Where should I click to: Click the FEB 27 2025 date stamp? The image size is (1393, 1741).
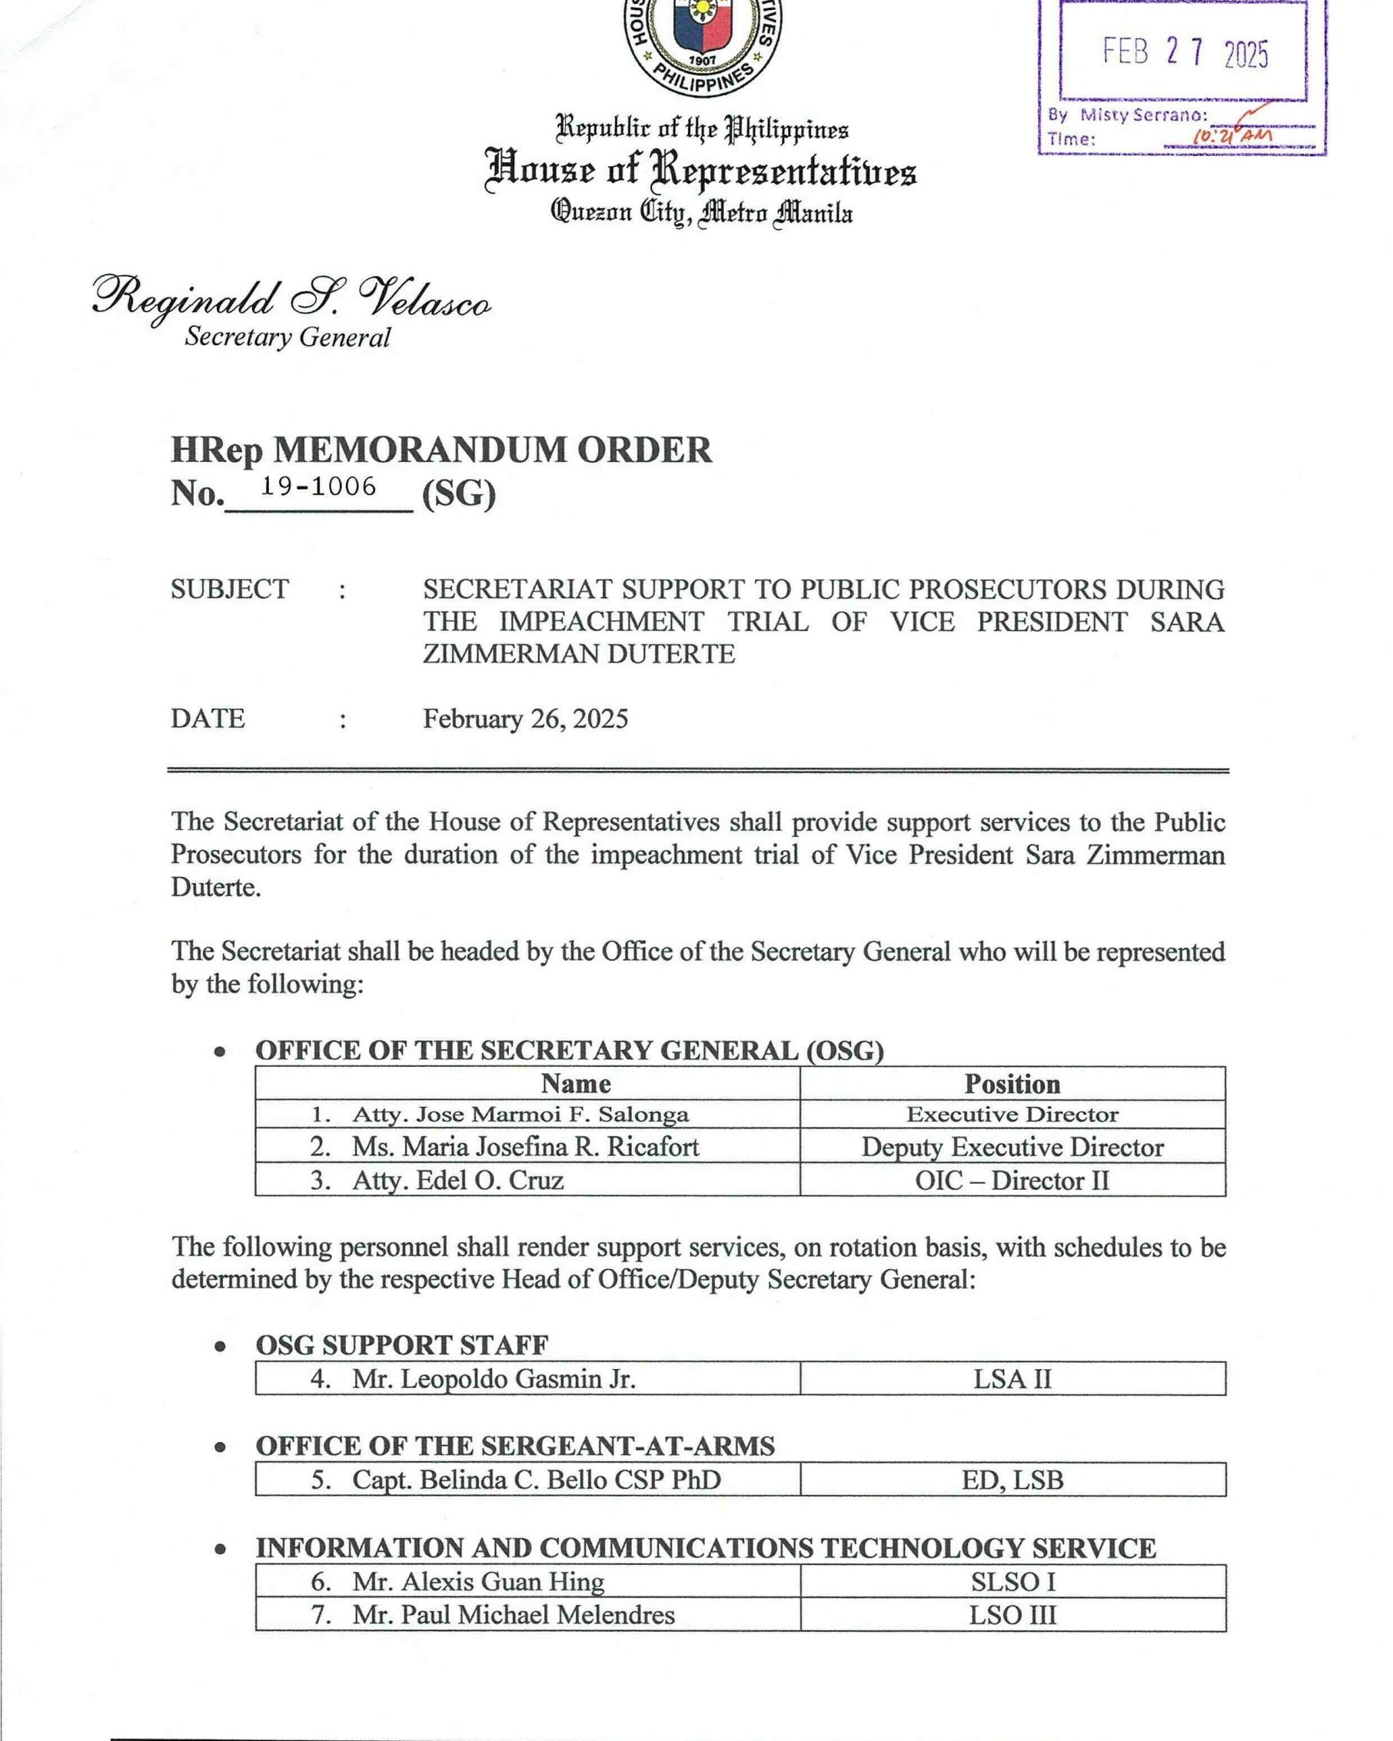click(x=1185, y=53)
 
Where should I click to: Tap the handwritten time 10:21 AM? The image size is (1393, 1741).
click(x=1232, y=137)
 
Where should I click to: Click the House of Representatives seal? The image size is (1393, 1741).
click(x=702, y=45)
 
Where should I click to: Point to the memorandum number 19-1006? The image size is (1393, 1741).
click(x=318, y=486)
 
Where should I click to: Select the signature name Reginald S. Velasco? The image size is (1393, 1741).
click(x=291, y=300)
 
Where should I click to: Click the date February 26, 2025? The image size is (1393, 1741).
click(x=525, y=719)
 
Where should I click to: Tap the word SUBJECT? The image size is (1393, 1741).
click(x=229, y=590)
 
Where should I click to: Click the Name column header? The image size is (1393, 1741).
click(x=575, y=1083)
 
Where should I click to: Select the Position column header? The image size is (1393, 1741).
click(x=1012, y=1083)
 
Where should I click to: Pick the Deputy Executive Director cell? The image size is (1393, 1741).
click(x=1012, y=1147)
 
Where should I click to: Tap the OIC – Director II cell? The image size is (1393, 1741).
click(x=1012, y=1180)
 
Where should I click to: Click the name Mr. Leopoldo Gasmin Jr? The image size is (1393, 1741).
click(x=494, y=1378)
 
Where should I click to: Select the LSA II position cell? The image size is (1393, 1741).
click(x=1012, y=1378)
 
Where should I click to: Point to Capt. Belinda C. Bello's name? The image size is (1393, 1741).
click(x=536, y=1480)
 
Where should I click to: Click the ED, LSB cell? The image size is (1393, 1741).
click(x=1012, y=1480)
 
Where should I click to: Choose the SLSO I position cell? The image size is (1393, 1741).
click(x=1012, y=1581)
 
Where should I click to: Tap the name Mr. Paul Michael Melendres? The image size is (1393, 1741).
click(x=513, y=1614)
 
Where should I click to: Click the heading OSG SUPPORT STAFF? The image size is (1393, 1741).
click(x=401, y=1345)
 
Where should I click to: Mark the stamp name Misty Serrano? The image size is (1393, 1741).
click(x=1143, y=115)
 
